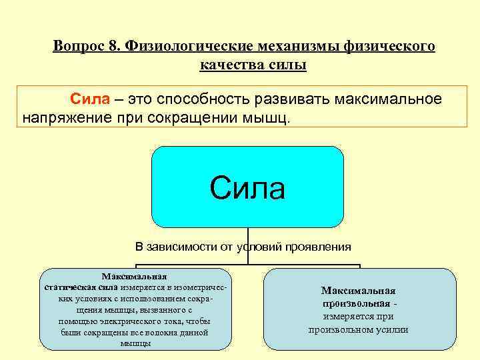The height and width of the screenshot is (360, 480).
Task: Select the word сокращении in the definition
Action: point(181,118)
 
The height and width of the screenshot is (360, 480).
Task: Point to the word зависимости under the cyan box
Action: point(183,247)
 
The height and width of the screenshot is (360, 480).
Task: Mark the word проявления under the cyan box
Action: point(319,247)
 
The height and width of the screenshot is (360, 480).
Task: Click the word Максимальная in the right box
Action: point(358,291)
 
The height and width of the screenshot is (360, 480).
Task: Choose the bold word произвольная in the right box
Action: point(355,304)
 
